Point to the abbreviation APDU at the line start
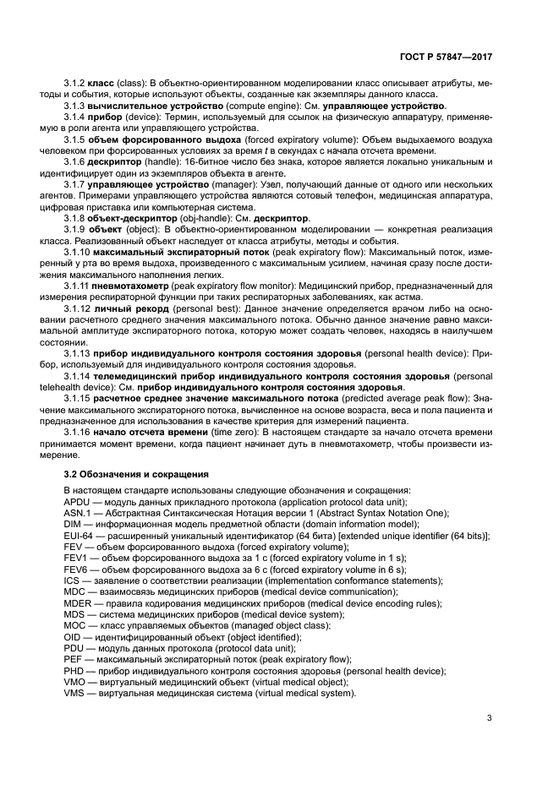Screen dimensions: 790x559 pos(77,501)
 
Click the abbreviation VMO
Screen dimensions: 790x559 pos(74,681)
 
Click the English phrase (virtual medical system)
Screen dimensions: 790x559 pos(297,693)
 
